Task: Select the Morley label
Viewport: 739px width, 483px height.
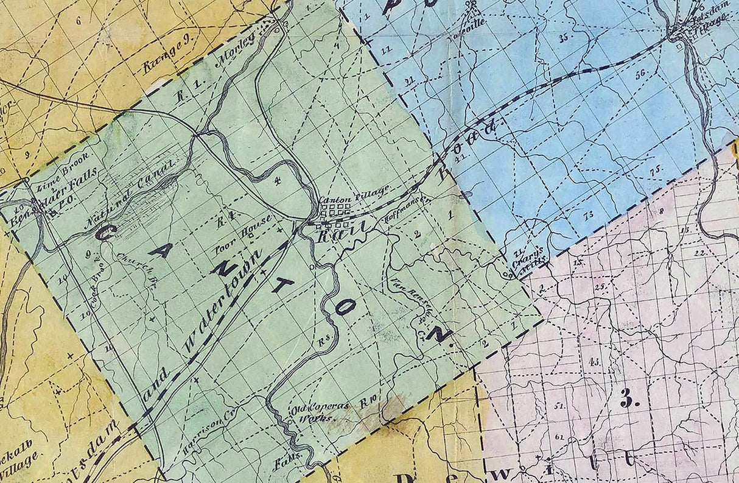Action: pos(240,51)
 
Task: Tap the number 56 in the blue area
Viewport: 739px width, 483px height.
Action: pos(640,75)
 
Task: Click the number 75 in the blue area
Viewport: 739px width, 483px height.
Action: pos(655,172)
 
